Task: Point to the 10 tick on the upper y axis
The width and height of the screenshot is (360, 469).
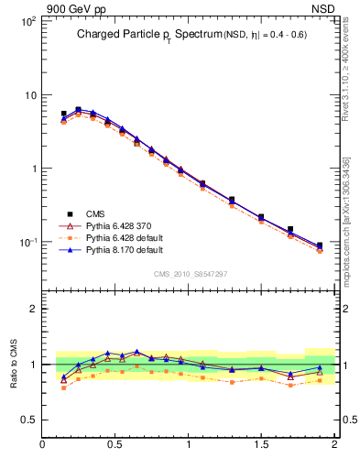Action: pos(29,95)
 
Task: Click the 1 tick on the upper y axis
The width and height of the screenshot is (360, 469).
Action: pos(32,169)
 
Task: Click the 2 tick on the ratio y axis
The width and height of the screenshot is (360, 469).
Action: pos(32,309)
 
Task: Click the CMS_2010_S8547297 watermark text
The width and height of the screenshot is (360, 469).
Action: pos(189,273)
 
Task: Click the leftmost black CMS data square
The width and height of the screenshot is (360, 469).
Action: pos(63,114)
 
